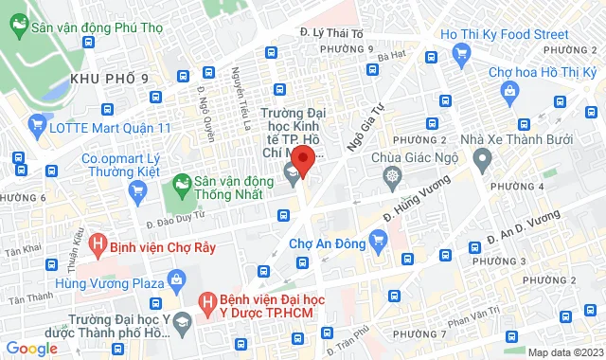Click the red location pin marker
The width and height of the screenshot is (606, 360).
click(302, 157)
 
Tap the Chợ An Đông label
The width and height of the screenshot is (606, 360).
click(327, 243)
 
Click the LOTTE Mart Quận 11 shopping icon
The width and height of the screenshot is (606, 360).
click(38, 123)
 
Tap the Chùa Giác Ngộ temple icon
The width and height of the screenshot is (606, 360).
click(390, 176)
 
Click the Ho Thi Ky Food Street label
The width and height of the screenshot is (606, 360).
click(504, 35)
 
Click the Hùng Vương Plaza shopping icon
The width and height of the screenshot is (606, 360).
click(175, 279)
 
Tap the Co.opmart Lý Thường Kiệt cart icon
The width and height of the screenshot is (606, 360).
click(138, 189)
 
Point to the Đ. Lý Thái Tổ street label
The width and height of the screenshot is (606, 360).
click(331, 32)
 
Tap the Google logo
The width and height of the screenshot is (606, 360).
click(32, 348)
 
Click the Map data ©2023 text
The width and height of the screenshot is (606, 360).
click(564, 352)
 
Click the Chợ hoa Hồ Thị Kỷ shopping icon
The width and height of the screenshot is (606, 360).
click(510, 92)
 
